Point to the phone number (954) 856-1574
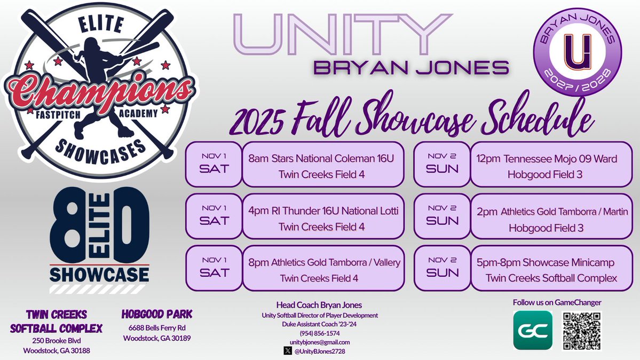[319, 333]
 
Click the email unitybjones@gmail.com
[319, 342]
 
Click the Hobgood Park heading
[157, 314]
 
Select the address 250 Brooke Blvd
[57, 341]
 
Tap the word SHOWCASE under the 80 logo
[99, 275]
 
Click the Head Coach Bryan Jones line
[319, 305]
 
